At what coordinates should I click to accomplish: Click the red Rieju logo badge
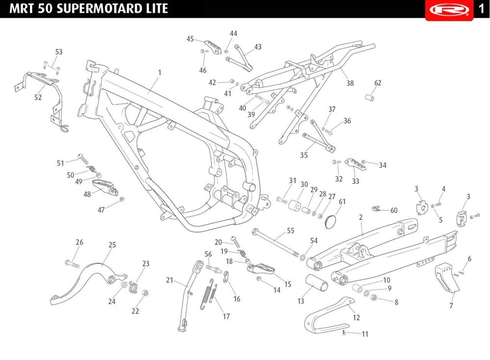pyautogui.click(x=449, y=10)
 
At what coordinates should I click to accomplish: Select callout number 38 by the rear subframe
pyautogui.click(x=350, y=83)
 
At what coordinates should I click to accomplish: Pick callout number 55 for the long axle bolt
pyautogui.click(x=291, y=231)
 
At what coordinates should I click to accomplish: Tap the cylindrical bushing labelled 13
pyautogui.click(x=317, y=283)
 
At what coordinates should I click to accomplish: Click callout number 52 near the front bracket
pyautogui.click(x=38, y=98)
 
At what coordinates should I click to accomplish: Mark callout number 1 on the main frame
pyautogui.click(x=160, y=73)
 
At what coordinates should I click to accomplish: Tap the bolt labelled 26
pyautogui.click(x=72, y=263)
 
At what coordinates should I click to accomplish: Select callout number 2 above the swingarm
pyautogui.click(x=361, y=217)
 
